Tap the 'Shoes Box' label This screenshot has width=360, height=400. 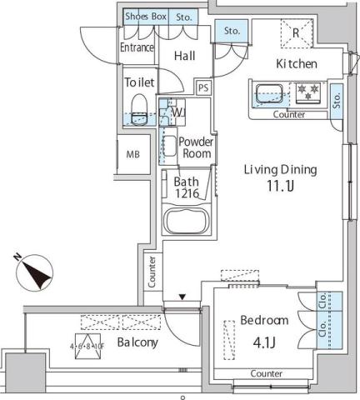pos(146,16)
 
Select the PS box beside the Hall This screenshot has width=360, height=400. pos(203,86)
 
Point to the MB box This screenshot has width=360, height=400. pos(132,155)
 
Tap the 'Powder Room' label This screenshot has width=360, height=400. pos(197,147)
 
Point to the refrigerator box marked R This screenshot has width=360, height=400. pos(296,33)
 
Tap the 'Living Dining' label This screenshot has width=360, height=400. pos(280,170)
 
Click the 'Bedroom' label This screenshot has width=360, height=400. pos(264,320)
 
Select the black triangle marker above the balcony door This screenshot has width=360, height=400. pos(182,296)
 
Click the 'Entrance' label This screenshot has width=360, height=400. pos(137,47)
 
